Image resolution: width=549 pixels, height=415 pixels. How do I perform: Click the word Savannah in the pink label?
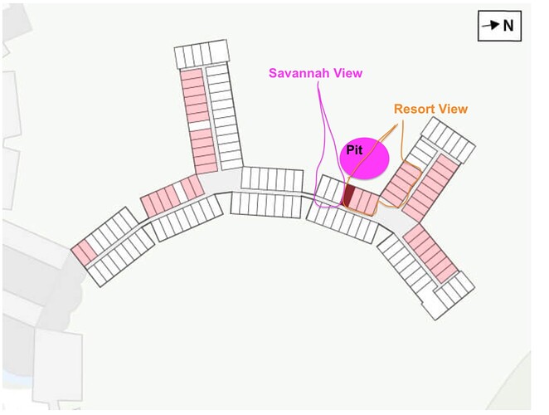299,73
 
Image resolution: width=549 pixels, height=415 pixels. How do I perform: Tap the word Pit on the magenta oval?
354,150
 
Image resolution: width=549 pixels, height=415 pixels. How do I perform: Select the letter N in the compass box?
508,26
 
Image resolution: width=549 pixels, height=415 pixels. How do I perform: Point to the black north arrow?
490,25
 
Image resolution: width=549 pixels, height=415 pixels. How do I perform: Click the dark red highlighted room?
348,196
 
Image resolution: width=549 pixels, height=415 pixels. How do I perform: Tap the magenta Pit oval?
365,158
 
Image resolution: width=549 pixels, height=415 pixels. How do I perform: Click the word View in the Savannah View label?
347,73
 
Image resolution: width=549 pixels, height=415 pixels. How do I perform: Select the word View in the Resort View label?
454,109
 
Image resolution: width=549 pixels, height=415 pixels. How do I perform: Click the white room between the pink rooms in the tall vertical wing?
200,125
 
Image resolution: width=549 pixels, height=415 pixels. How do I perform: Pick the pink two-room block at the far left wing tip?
84,252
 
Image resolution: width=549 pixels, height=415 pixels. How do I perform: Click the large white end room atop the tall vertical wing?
218,52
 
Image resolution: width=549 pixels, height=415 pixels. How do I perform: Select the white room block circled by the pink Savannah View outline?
330,189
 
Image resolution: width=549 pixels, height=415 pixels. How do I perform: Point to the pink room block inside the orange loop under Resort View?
401,183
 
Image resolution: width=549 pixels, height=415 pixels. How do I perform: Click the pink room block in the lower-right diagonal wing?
430,253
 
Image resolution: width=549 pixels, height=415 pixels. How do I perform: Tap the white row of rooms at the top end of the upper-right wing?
448,139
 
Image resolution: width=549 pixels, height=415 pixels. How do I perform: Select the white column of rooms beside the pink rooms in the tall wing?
225,116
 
